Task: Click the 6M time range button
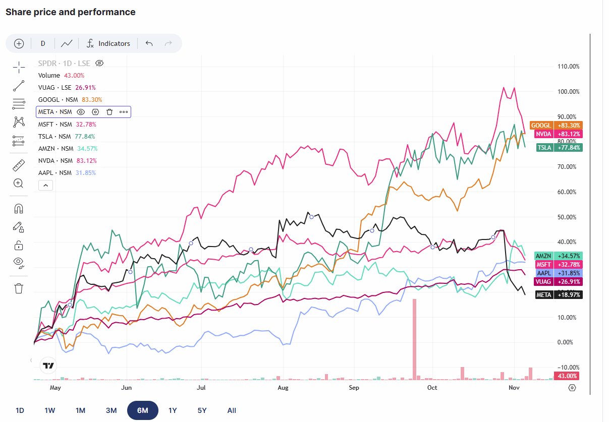point(142,410)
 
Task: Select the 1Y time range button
point(173,410)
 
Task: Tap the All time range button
point(232,410)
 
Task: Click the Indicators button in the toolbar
point(108,43)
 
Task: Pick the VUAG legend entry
point(54,87)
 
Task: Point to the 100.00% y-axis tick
point(568,92)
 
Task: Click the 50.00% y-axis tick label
point(568,217)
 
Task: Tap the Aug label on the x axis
point(283,388)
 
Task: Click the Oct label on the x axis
point(432,388)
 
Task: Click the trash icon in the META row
point(109,112)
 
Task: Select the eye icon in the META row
point(81,112)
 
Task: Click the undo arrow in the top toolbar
point(149,43)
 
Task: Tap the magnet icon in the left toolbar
point(19,209)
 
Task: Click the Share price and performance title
point(71,12)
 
